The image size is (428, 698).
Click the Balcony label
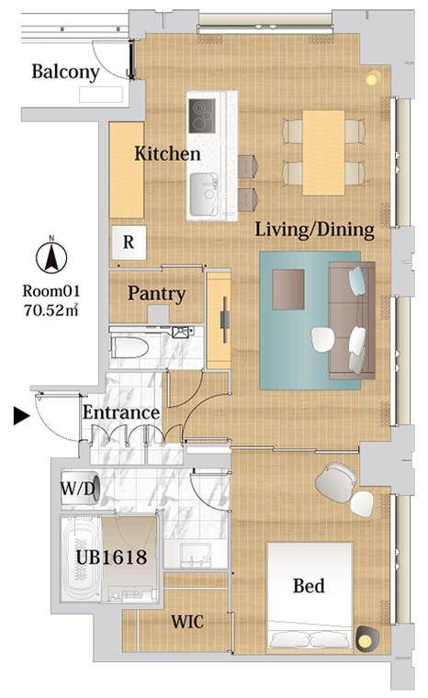pos(65,73)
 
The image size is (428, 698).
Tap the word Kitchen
pos(167,153)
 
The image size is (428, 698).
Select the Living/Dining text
pos(314,230)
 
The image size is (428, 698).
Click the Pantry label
pos(156,294)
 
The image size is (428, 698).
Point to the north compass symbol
pos(51,257)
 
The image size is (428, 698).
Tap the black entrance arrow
pos(21,416)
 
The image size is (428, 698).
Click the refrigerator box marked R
pos(129,242)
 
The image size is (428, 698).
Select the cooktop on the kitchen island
pos(202,116)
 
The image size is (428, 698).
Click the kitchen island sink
pos(204,194)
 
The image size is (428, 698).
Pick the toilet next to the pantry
pos(130,347)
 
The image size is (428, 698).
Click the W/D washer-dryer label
pos(77,489)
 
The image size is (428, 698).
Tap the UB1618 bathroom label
pos(111,557)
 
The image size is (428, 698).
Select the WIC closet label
pos(187,622)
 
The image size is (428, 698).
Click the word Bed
pos(309,586)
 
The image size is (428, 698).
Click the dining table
pos(323,152)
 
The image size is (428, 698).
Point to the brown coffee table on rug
pos(288,289)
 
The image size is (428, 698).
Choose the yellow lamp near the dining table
pos(372,79)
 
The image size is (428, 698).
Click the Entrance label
pos(121,412)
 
